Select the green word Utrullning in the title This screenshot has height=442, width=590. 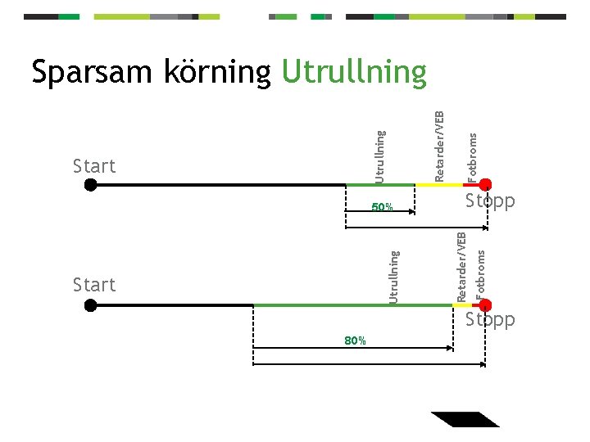pyautogui.click(x=354, y=72)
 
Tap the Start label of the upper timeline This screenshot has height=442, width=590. pyautogui.click(x=94, y=166)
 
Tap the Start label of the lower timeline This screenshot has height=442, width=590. pyautogui.click(x=94, y=285)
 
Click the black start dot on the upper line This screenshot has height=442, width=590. pyautogui.click(x=91, y=185)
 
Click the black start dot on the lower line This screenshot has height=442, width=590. pyautogui.click(x=91, y=305)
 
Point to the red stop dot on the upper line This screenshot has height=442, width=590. pyautogui.click(x=485, y=185)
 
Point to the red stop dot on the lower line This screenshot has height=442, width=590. pyautogui.click(x=485, y=305)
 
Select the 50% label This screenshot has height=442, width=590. pyautogui.click(x=383, y=207)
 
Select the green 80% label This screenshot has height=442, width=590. pyautogui.click(x=356, y=341)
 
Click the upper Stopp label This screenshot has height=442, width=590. pyautogui.click(x=490, y=201)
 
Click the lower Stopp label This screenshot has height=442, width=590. pyautogui.click(x=490, y=319)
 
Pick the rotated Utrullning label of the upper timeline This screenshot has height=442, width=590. pyautogui.click(x=379, y=156)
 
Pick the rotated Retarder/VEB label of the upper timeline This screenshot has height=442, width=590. pyautogui.click(x=439, y=147)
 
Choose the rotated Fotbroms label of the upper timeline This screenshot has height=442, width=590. pyautogui.click(x=472, y=157)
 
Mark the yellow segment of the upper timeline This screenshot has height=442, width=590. pyautogui.click(x=439, y=185)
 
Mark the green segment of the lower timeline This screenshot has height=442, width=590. pyautogui.click(x=352, y=305)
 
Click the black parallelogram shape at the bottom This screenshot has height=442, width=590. pyautogui.click(x=465, y=418)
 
